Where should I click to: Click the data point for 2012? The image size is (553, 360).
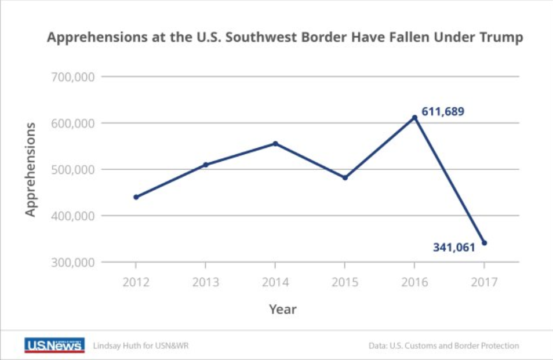136,197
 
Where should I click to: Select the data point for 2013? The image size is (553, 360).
206,165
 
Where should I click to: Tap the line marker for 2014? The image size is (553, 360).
275,144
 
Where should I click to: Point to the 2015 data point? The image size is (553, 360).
345,178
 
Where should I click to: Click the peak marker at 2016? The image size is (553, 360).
415,118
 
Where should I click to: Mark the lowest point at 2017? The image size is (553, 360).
484,243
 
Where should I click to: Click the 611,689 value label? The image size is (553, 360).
443,111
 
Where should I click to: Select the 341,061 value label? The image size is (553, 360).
454,247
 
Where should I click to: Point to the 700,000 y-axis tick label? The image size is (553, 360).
73,77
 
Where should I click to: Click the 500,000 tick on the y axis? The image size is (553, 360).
73,170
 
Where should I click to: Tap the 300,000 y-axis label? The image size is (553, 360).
73,263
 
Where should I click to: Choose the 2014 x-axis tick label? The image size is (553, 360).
275,282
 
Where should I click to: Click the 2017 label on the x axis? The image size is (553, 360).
484,282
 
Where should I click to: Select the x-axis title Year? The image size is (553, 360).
283,309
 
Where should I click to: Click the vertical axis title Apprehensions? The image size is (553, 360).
30,169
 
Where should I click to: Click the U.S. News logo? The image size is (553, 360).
54,345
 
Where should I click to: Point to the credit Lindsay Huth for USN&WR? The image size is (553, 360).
141,346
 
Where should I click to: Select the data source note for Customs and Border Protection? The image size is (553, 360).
444,346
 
